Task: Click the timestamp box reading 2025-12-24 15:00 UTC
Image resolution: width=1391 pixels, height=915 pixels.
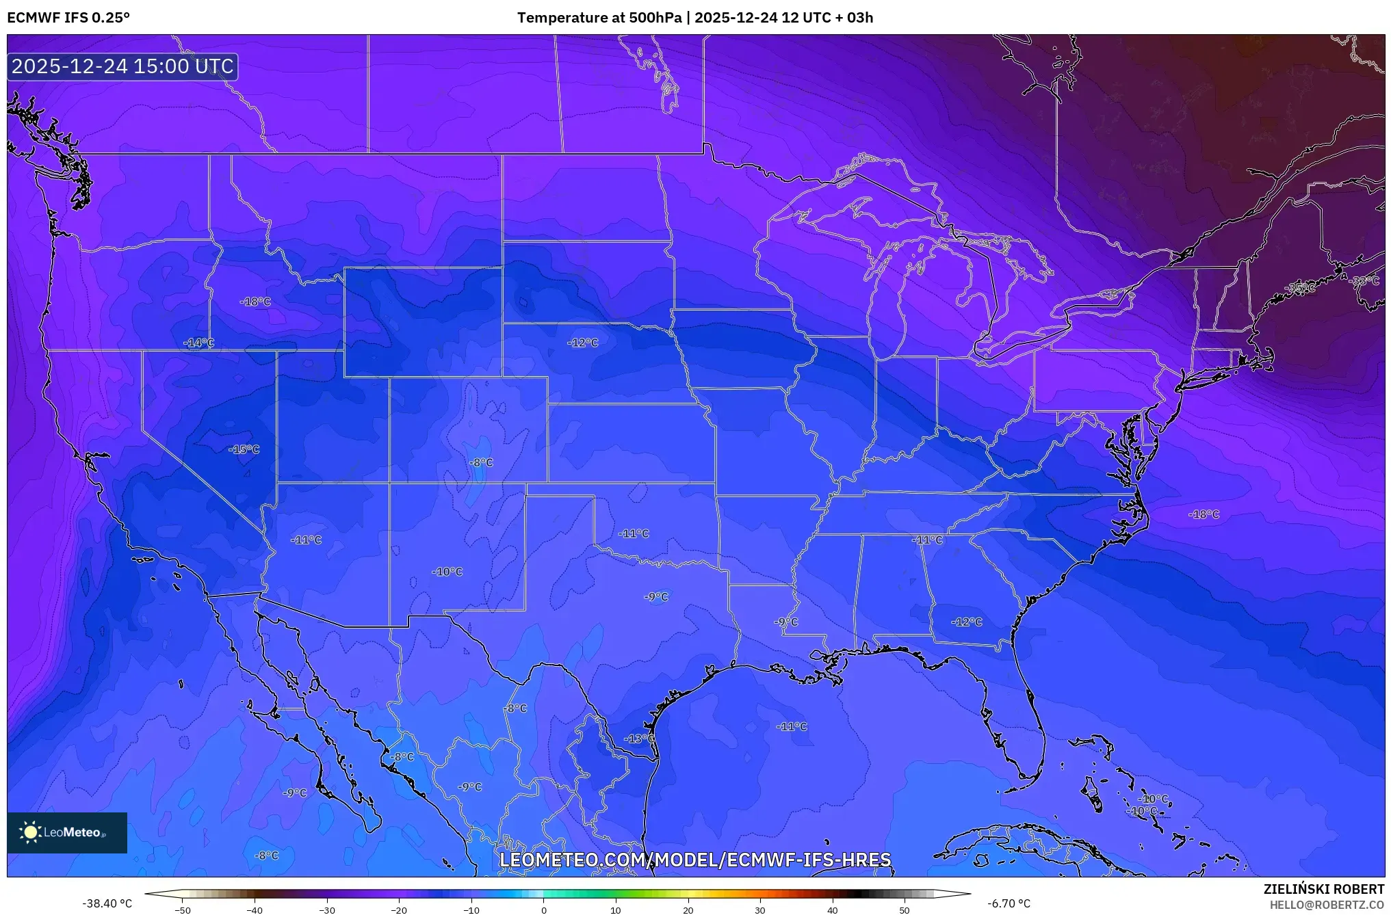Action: pos(122,66)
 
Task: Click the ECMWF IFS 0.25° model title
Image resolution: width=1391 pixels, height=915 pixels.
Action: pos(68,18)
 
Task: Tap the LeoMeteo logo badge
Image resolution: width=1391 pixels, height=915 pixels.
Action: pos(67,832)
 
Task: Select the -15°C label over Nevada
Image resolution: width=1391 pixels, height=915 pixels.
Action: pos(244,449)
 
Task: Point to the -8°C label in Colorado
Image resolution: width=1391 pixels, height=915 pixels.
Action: pos(481,462)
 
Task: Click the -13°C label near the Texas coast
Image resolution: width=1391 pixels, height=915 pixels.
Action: pos(639,739)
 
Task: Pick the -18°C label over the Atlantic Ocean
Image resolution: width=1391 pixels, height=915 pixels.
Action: pos(1204,514)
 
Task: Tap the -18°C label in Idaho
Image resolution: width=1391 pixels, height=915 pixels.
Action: pos(256,302)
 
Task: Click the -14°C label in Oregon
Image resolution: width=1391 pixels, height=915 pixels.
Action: pos(199,343)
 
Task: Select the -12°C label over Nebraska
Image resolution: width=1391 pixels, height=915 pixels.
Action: pos(583,343)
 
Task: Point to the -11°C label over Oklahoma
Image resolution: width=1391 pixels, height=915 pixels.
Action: pos(634,533)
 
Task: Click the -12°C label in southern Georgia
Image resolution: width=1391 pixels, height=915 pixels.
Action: pos(967,622)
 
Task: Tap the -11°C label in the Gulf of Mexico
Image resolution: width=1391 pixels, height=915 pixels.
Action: pos(792,726)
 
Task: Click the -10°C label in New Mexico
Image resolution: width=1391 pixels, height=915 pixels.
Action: pos(447,572)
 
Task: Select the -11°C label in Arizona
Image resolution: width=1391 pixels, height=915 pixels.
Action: pos(307,540)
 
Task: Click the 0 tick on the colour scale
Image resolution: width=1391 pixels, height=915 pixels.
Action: pos(544,910)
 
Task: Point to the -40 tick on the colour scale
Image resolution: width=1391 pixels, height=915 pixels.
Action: pos(255,910)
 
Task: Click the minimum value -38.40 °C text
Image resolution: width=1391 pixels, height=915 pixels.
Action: pos(107,903)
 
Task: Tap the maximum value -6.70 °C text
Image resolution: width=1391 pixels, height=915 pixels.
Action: pos(1009,903)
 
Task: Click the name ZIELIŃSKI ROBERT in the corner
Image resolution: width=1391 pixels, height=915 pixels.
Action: pos(1323,889)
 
